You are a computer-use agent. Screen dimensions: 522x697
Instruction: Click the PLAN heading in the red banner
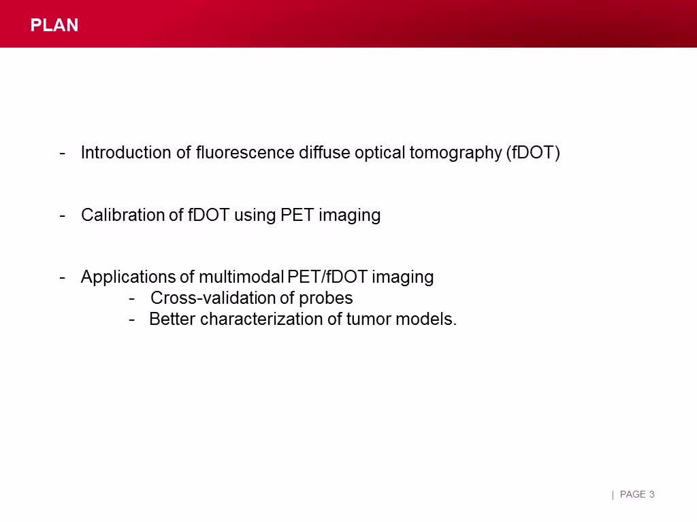(54, 25)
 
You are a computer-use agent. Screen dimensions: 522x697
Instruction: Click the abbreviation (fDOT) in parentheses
(533, 153)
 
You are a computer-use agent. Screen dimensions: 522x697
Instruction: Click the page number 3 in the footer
(652, 494)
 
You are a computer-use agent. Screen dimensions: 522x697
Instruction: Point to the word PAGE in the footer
(633, 494)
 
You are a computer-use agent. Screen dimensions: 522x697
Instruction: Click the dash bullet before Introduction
(63, 152)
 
